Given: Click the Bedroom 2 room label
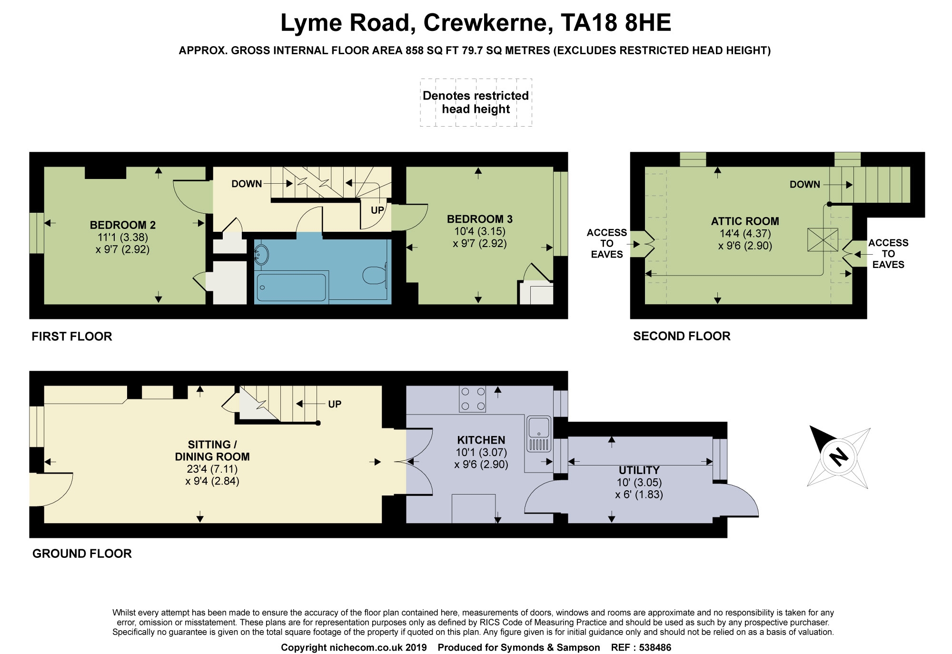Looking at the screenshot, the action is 123,225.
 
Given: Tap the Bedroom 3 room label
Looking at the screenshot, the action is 480,219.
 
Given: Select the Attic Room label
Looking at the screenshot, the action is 745,221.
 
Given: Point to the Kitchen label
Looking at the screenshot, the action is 481,440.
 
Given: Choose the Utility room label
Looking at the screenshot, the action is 639,470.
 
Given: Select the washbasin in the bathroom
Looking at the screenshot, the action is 261,255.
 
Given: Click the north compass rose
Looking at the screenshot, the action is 839,457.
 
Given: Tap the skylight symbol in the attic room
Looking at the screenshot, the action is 823,240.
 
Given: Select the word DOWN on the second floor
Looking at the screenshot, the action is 805,185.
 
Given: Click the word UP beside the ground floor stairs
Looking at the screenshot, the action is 335,404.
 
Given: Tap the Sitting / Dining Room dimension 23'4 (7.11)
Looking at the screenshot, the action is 212,469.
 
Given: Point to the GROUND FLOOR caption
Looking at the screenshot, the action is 82,554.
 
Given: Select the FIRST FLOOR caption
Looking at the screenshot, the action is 72,337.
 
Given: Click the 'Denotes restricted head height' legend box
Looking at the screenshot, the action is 476,102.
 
